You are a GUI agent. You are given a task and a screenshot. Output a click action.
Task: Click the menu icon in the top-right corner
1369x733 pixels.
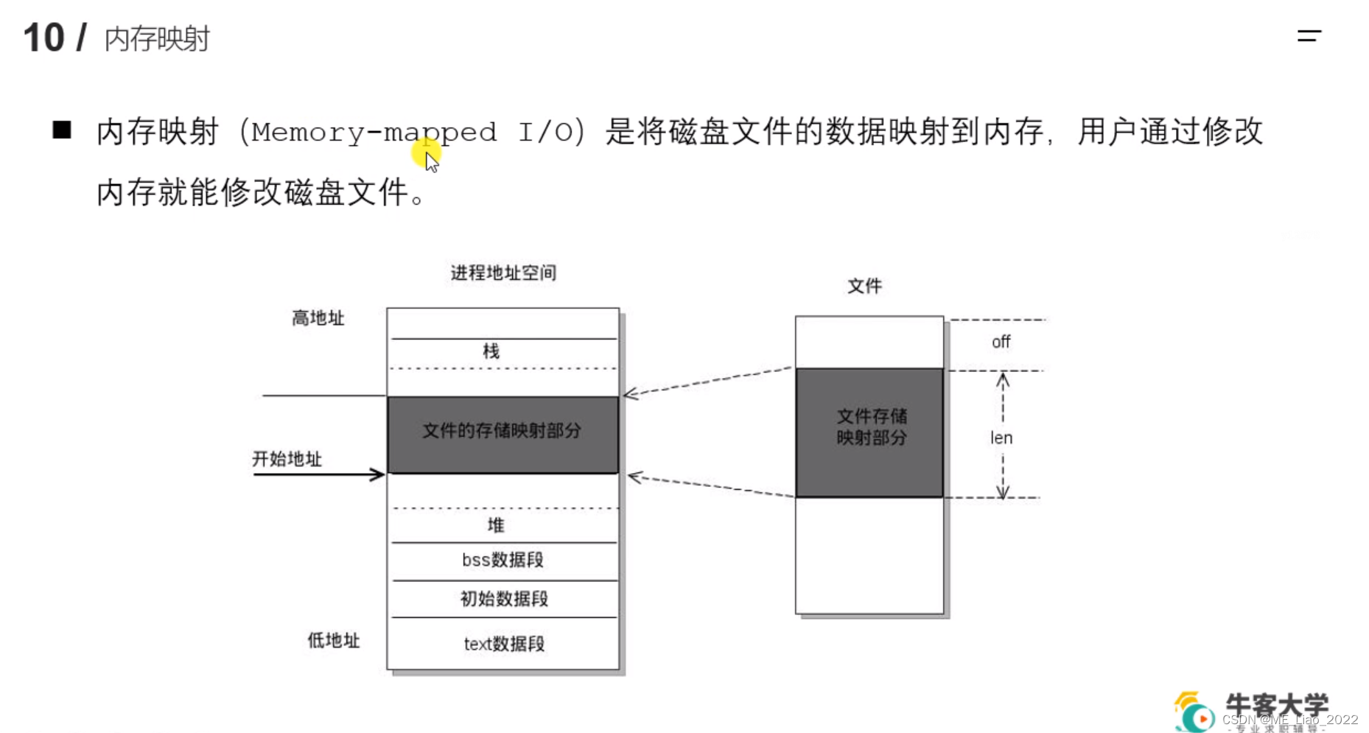[x=1309, y=35]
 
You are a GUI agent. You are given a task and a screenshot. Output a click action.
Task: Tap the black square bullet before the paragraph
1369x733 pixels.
[x=62, y=130]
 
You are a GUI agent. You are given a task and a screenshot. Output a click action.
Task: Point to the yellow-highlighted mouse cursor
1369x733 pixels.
[x=429, y=157]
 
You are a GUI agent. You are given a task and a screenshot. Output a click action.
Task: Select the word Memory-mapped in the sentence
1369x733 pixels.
[x=374, y=133]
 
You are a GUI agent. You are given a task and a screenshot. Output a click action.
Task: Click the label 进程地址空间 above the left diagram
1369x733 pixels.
[x=503, y=273]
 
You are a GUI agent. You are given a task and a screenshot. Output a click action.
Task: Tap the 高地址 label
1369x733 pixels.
[x=318, y=318]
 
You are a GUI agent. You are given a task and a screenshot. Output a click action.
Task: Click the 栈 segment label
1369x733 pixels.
[x=491, y=351]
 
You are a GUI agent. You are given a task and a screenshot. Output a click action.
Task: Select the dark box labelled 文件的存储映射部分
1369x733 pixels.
[x=503, y=435]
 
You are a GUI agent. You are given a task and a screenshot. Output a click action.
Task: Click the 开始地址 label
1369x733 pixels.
[x=287, y=459]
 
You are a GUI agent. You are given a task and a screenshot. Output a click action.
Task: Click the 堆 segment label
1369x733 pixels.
[x=496, y=525]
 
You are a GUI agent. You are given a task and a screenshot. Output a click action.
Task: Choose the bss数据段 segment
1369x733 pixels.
[x=503, y=561]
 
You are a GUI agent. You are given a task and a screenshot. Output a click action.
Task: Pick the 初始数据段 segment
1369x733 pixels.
[x=504, y=599]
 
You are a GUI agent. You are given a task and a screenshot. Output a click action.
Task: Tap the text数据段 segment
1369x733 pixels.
[x=504, y=644]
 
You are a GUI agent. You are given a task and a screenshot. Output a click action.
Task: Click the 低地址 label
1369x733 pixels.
[x=333, y=640]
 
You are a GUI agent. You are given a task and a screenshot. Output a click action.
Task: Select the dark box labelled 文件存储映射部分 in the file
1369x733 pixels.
[x=869, y=432]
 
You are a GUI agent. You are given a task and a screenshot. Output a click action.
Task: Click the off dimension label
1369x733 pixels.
[x=1001, y=342]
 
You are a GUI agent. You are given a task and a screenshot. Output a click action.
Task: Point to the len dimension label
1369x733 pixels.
[x=1001, y=438]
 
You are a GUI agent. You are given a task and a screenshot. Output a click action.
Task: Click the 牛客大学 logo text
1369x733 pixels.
[x=1276, y=705]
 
